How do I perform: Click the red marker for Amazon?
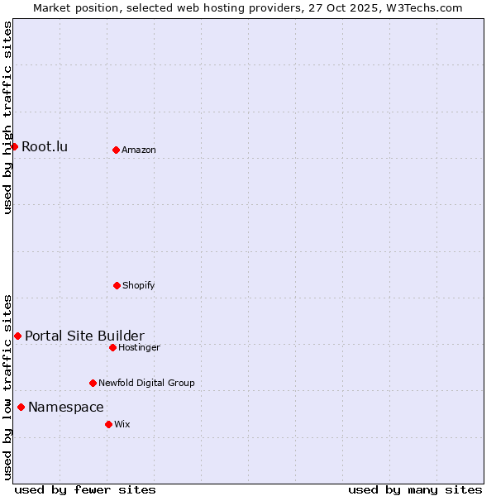pyautogui.click(x=116, y=150)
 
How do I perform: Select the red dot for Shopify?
pyautogui.click(x=117, y=285)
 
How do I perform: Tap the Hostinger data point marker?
pyautogui.click(x=112, y=347)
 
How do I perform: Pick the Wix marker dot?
pyautogui.click(x=108, y=424)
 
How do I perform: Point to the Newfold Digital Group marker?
pyautogui.click(x=93, y=383)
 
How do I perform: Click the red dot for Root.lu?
pyautogui.click(x=14, y=146)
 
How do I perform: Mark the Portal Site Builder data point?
pyautogui.click(x=17, y=336)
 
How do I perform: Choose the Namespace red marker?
pyautogui.click(x=21, y=407)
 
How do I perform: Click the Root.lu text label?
pyautogui.click(x=45, y=147)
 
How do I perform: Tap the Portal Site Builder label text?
pyautogui.click(x=84, y=336)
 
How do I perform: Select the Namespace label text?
pyautogui.click(x=66, y=407)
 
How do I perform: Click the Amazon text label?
pyautogui.click(x=139, y=150)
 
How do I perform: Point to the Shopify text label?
pyautogui.click(x=139, y=286)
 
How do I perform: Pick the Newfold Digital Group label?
pyautogui.click(x=146, y=384)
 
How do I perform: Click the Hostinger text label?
pyautogui.click(x=139, y=348)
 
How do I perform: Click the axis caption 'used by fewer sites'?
pyautogui.click(x=85, y=489)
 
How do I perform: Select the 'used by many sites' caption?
pyautogui.click(x=415, y=489)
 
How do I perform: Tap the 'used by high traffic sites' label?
pyautogui.click(x=7, y=117)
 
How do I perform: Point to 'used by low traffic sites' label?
pyautogui.click(x=7, y=386)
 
